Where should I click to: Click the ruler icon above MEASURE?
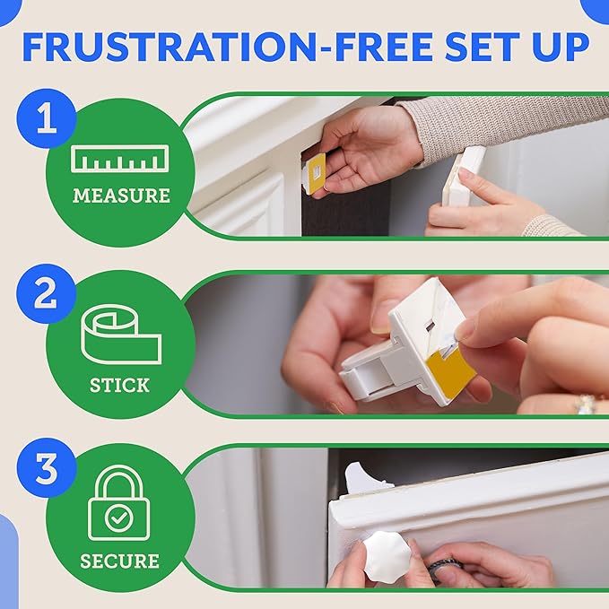(119, 160)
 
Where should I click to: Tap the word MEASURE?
(119, 195)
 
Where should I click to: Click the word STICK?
(119, 386)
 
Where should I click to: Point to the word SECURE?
(119, 561)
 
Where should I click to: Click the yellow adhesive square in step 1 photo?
(315, 172)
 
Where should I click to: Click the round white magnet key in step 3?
(388, 557)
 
